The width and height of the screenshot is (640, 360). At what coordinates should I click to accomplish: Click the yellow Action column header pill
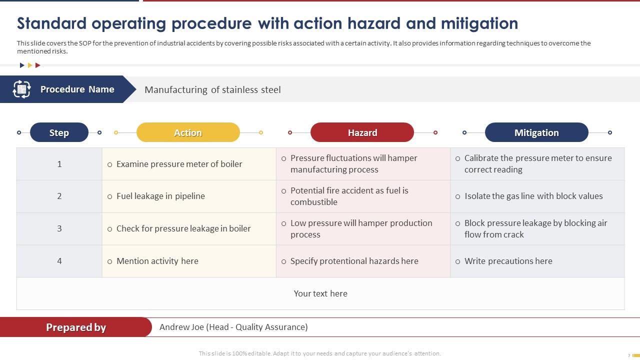click(188, 132)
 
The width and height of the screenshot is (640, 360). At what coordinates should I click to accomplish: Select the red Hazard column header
click(362, 132)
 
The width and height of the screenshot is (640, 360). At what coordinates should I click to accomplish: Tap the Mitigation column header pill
click(536, 132)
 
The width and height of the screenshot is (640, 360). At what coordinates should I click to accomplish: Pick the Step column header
click(59, 132)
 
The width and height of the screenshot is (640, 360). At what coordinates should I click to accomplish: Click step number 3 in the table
click(59, 228)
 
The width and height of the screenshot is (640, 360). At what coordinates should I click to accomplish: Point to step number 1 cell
click(59, 164)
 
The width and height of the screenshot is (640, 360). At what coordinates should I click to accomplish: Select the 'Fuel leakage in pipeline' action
click(160, 196)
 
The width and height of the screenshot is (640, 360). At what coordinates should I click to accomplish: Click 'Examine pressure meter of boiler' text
click(179, 164)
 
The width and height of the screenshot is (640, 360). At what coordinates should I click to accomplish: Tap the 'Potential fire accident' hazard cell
click(349, 196)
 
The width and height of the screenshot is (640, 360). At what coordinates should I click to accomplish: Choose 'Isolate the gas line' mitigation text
click(533, 196)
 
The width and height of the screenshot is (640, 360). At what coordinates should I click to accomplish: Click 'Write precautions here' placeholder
click(508, 261)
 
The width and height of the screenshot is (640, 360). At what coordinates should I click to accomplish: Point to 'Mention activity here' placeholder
click(157, 261)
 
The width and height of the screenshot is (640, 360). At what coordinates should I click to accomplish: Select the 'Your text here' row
click(320, 293)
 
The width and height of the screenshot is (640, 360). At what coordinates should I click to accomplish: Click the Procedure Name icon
click(21, 89)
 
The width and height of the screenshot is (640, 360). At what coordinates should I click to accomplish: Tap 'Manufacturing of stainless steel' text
click(212, 89)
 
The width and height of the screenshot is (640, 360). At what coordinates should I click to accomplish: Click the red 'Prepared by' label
click(76, 327)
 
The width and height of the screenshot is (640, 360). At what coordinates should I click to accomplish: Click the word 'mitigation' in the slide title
click(479, 23)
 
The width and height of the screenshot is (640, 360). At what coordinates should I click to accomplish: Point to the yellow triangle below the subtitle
click(30, 65)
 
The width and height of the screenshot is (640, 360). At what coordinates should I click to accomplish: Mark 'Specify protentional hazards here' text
click(354, 261)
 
